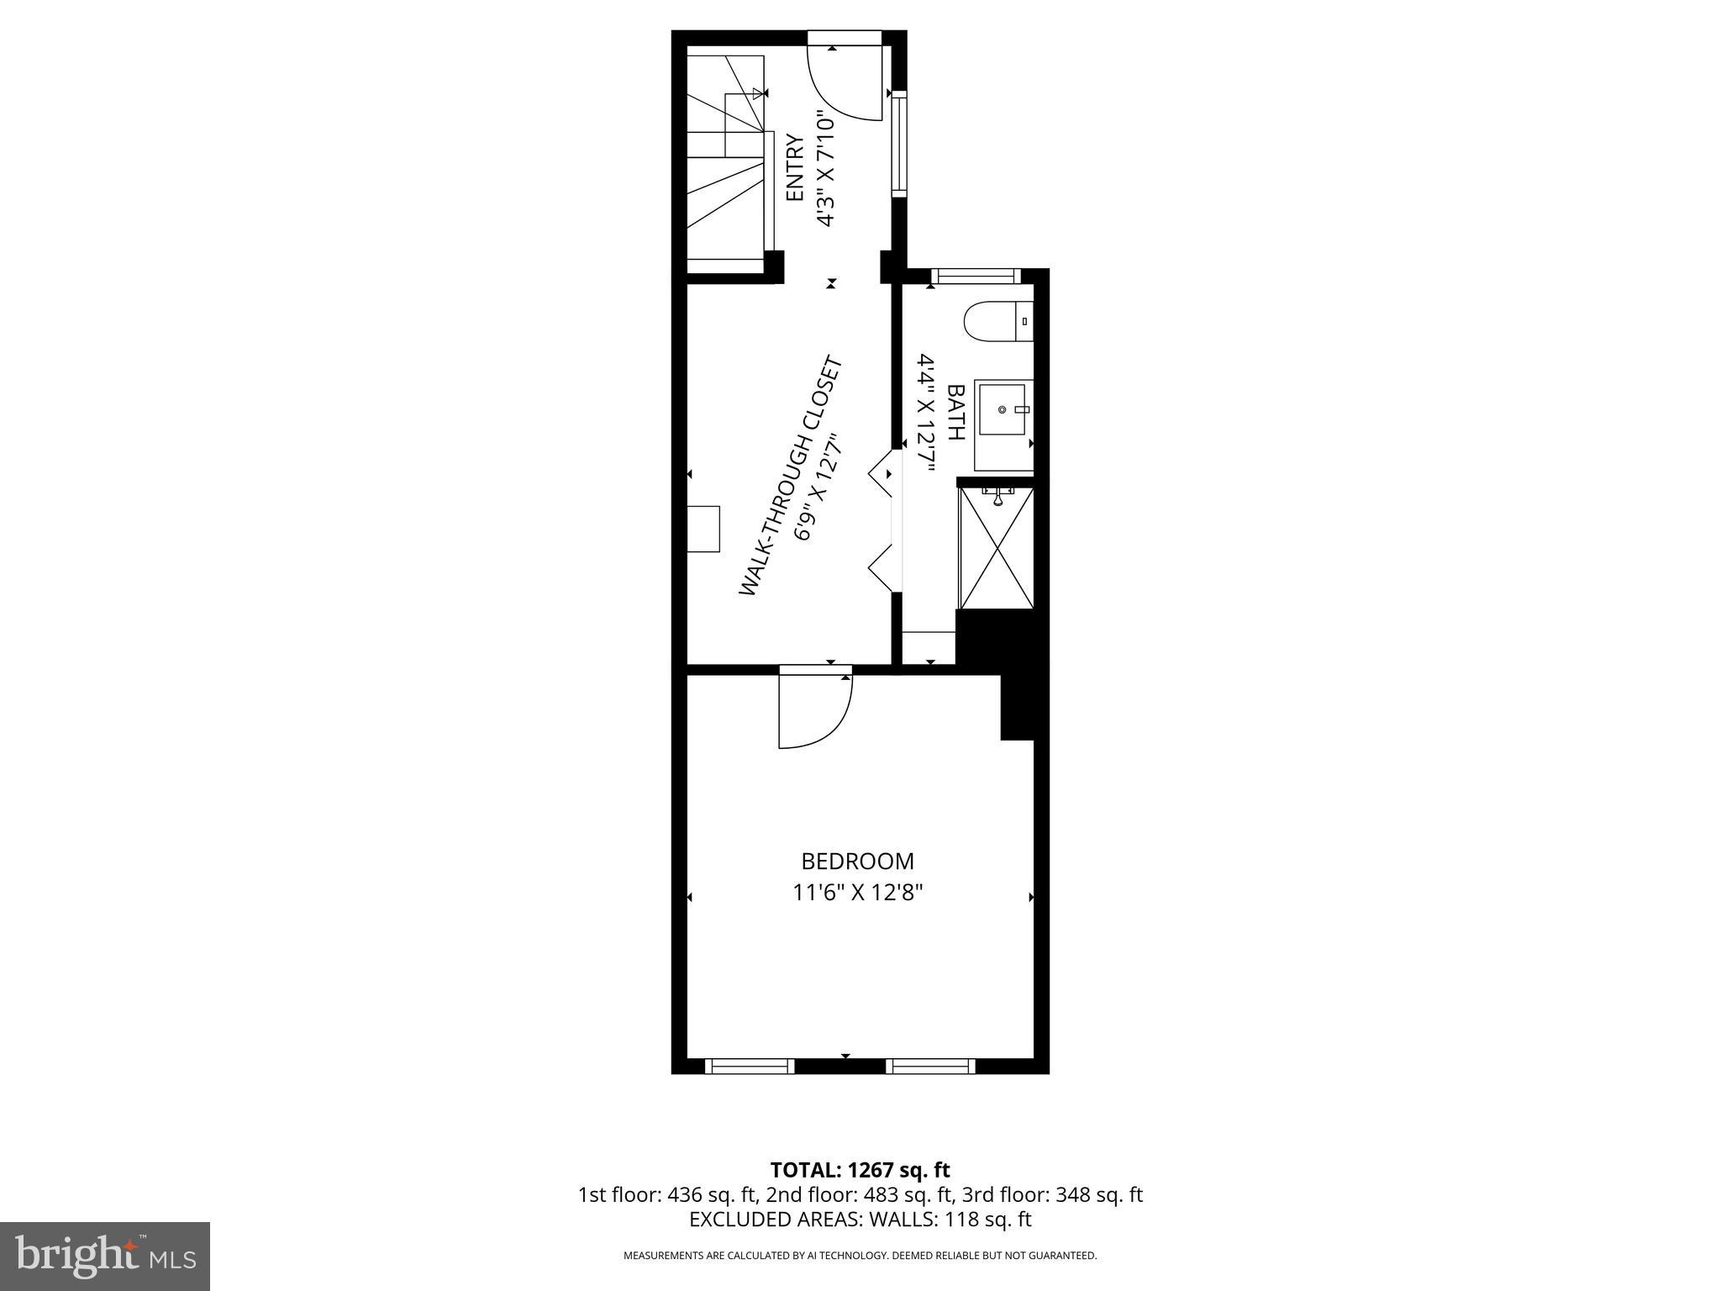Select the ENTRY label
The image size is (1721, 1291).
795,168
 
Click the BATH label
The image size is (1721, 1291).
955,412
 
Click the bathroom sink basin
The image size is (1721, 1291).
1002,409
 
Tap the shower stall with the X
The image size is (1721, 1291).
996,548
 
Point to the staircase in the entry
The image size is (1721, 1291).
727,160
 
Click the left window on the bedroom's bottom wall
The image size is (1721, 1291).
750,1066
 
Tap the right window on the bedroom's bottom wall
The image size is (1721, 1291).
930,1066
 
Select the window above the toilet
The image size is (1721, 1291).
976,276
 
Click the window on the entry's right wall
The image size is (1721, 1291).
899,144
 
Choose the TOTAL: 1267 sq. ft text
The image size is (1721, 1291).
860,1170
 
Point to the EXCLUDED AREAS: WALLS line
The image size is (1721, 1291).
860,1219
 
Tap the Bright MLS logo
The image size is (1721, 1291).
105,1256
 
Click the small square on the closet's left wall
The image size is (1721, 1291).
703,529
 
